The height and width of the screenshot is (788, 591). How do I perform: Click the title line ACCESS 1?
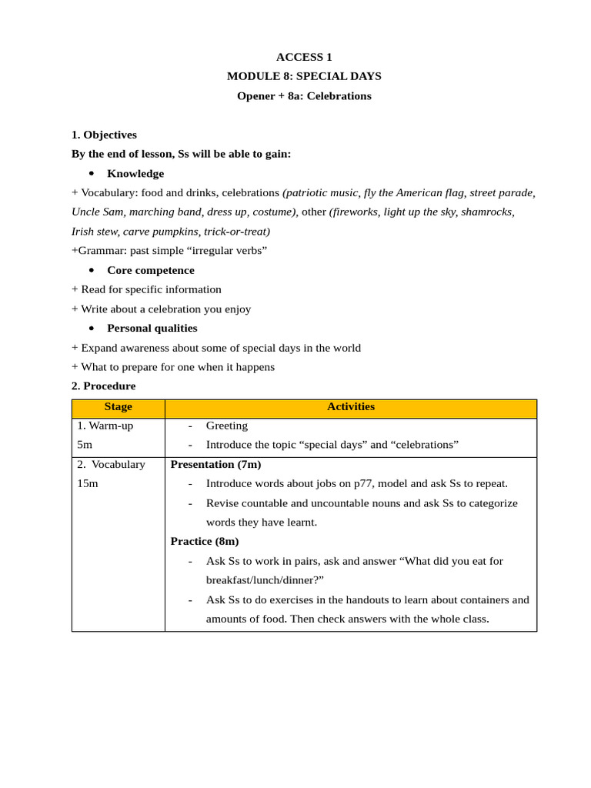304,57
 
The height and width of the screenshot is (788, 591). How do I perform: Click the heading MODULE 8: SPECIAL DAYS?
304,76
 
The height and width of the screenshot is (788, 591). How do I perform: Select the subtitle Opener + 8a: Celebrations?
304,96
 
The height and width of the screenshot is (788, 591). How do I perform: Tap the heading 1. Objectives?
104,135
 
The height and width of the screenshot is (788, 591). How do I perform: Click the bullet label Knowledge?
135,174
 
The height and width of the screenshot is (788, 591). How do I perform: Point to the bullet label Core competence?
151,270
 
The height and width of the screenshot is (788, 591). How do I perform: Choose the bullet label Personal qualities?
152,328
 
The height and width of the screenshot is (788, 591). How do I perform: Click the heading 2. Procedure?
103,386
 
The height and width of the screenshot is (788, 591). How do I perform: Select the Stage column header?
119,407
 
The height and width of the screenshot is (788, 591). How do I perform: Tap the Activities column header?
351,407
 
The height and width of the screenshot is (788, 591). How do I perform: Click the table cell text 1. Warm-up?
105,426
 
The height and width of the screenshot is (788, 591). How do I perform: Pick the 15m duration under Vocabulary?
88,484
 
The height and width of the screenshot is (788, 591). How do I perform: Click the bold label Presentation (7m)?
215,465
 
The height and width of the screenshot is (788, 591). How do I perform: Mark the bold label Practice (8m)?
205,542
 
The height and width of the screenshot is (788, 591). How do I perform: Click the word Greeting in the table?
227,426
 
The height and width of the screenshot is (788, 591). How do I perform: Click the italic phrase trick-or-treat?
235,231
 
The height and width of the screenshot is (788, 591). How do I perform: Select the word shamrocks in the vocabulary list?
487,212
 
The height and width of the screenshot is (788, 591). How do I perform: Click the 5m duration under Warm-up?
85,445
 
